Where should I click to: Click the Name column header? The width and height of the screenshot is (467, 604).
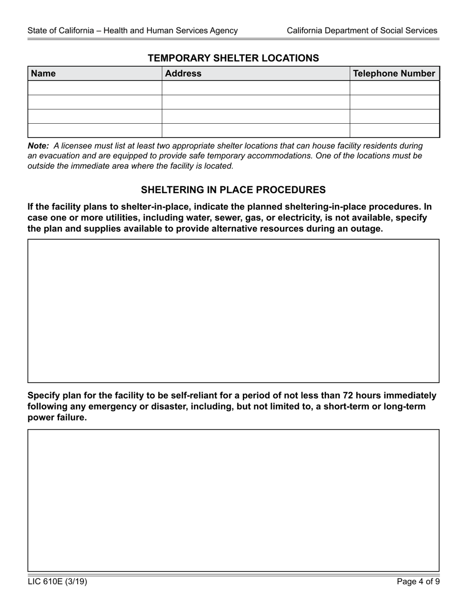point(43,74)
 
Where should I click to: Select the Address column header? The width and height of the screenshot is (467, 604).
point(183,74)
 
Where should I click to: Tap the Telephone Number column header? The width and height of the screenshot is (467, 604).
point(394,74)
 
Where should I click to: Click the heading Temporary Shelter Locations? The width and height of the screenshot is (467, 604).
point(233,58)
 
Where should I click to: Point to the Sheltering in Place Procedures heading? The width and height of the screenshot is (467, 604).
point(233,190)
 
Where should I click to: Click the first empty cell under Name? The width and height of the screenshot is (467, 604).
point(95,88)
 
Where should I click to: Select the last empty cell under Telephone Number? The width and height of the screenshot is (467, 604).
point(394,131)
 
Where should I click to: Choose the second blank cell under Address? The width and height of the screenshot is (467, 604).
point(256,102)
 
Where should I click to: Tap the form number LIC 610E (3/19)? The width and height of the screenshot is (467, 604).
point(58,582)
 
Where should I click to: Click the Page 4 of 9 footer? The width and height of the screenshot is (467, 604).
point(418,582)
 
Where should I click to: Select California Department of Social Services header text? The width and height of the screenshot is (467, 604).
point(362,30)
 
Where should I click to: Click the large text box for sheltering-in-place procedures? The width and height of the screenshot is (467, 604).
point(233,311)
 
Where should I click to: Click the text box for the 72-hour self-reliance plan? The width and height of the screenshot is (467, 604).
point(233,500)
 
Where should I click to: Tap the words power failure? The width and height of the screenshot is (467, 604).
point(57,417)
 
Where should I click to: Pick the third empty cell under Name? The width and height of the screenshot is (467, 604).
point(95,116)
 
